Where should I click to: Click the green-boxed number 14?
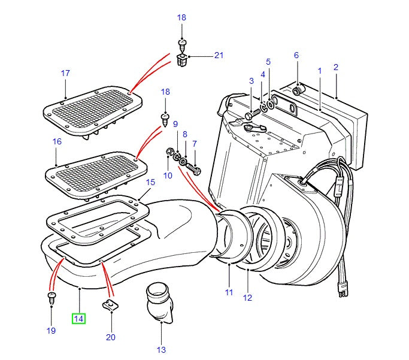(x=79, y=318)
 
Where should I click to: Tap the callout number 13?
(x=161, y=350)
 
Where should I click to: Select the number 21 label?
(x=218, y=56)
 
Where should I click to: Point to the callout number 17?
(x=65, y=73)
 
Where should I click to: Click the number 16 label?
(x=57, y=142)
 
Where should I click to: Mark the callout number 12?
(x=247, y=297)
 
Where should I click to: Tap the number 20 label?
(x=110, y=337)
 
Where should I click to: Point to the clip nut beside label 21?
(x=183, y=60)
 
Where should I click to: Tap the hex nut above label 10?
(x=169, y=151)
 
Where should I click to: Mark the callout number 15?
(x=150, y=181)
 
